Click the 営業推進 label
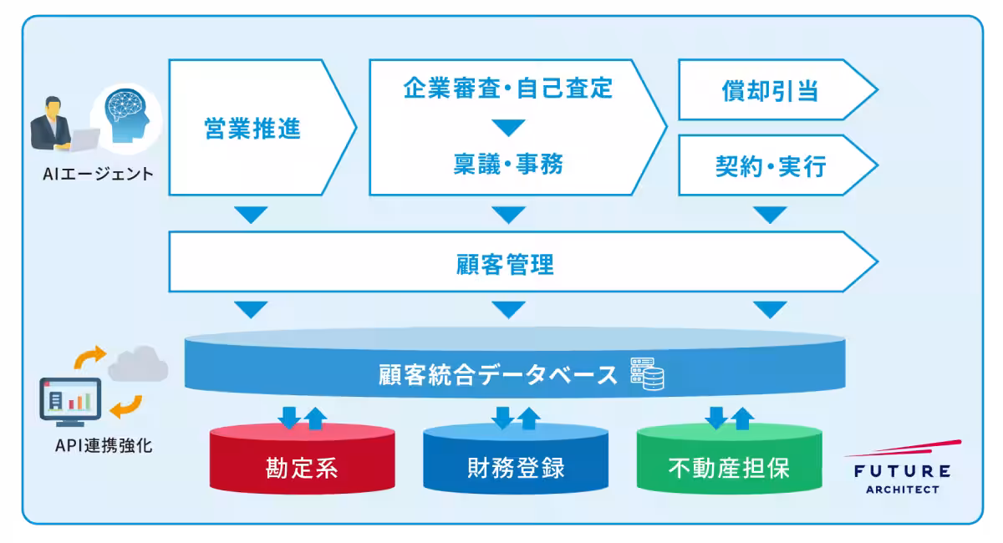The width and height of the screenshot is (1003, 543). click(x=252, y=129)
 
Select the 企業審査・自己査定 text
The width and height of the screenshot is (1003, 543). click(x=507, y=88)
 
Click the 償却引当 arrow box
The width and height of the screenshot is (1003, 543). click(x=769, y=90)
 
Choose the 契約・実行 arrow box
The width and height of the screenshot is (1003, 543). click(x=769, y=165)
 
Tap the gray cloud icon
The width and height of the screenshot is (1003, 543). click(x=138, y=364)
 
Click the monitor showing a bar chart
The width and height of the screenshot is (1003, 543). click(x=70, y=400)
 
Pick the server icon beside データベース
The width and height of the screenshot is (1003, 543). click(x=646, y=374)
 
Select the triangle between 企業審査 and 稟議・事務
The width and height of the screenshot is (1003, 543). click(x=507, y=128)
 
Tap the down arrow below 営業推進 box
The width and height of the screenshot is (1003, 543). click(x=251, y=215)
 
